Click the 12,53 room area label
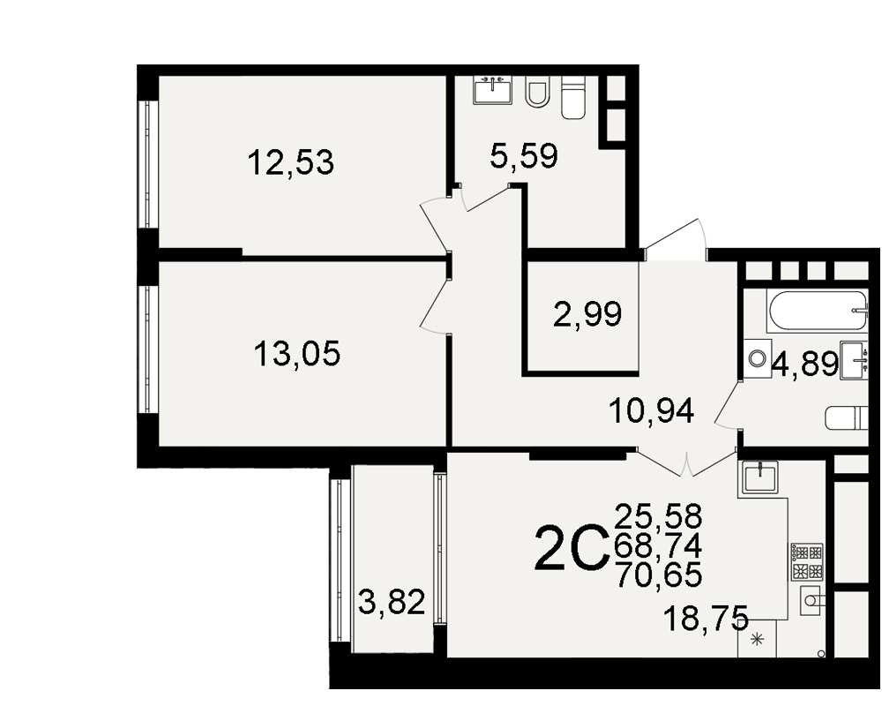(x=291, y=162)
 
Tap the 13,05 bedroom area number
(x=297, y=354)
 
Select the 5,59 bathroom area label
(x=524, y=155)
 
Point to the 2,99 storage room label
(x=587, y=313)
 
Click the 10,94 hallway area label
(x=652, y=410)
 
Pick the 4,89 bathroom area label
(x=805, y=364)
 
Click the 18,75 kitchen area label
(x=706, y=618)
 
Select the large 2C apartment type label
(x=572, y=547)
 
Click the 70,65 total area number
(x=659, y=575)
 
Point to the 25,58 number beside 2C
(x=659, y=515)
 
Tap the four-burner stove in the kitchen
(x=807, y=562)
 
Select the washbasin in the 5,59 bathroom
(x=493, y=91)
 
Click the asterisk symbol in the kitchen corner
(x=757, y=638)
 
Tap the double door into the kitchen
(x=687, y=462)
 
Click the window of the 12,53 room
(x=148, y=164)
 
